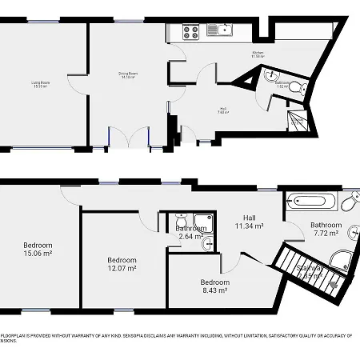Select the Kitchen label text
coord(258,54)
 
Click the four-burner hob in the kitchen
coord(191,33)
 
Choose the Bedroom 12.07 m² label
coord(122,264)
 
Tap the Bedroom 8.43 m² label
coord(215,286)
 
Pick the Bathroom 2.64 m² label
coord(190,233)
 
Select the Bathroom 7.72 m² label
coord(326,230)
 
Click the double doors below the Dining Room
coord(129,138)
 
